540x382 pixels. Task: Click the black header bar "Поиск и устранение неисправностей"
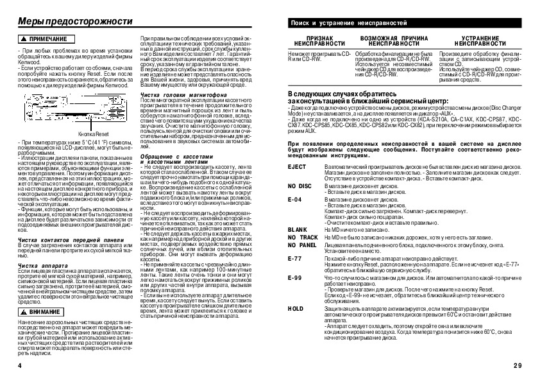[x=405, y=24]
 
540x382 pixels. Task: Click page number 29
[x=518, y=365]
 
